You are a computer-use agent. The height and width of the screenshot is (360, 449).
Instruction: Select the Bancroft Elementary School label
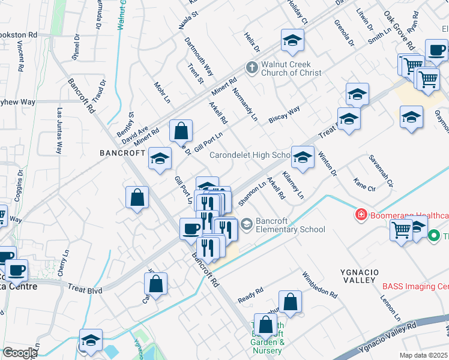pos(291,225)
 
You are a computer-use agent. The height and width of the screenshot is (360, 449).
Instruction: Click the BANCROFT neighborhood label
pos(122,153)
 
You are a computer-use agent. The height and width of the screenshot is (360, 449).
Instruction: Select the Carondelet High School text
pos(250,155)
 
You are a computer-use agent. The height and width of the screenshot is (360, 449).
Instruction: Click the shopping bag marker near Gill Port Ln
pos(180,130)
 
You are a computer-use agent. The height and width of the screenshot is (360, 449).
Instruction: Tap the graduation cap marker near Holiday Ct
pos(292,40)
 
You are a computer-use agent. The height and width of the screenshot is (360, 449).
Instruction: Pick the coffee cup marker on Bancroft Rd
pos(191,228)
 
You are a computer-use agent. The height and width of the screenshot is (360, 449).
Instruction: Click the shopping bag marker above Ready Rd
pos(290,302)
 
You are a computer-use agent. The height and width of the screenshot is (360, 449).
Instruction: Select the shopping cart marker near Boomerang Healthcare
pos(401,229)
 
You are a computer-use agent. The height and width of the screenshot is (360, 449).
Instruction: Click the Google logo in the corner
pos(20,353)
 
